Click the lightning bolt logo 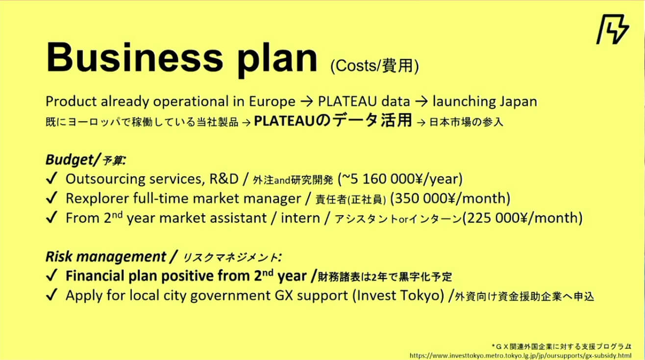[613, 29]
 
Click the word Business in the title [134, 58]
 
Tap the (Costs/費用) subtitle [374, 66]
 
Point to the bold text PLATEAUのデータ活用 [333, 121]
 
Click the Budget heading [86, 160]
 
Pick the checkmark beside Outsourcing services [52, 179]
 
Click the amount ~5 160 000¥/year [400, 179]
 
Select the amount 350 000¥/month [450, 199]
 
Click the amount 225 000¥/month [522, 218]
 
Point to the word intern [300, 218]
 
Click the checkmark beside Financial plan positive [52, 275]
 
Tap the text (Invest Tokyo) [398, 296]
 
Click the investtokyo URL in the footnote [521, 356]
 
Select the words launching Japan [485, 102]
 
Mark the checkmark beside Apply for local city [52, 295]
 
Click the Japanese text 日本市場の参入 [466, 122]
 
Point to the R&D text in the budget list [224, 179]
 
